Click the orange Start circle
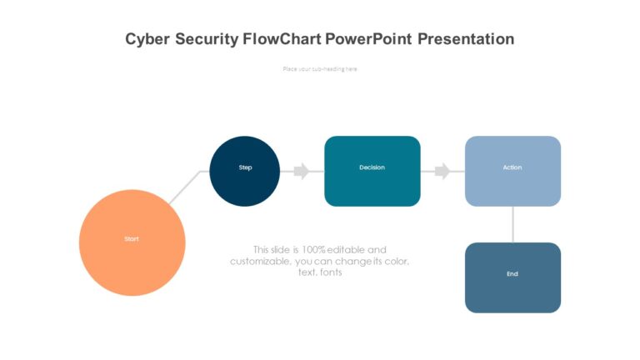point(132,242)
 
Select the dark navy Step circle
point(245,171)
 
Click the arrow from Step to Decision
point(300,171)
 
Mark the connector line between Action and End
point(512,224)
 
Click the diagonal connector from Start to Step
point(185,187)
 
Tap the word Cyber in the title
point(147,39)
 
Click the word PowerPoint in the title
point(369,39)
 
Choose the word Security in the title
point(207,39)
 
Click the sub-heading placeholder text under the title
point(320,69)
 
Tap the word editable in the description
point(347,249)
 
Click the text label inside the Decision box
point(372,167)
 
